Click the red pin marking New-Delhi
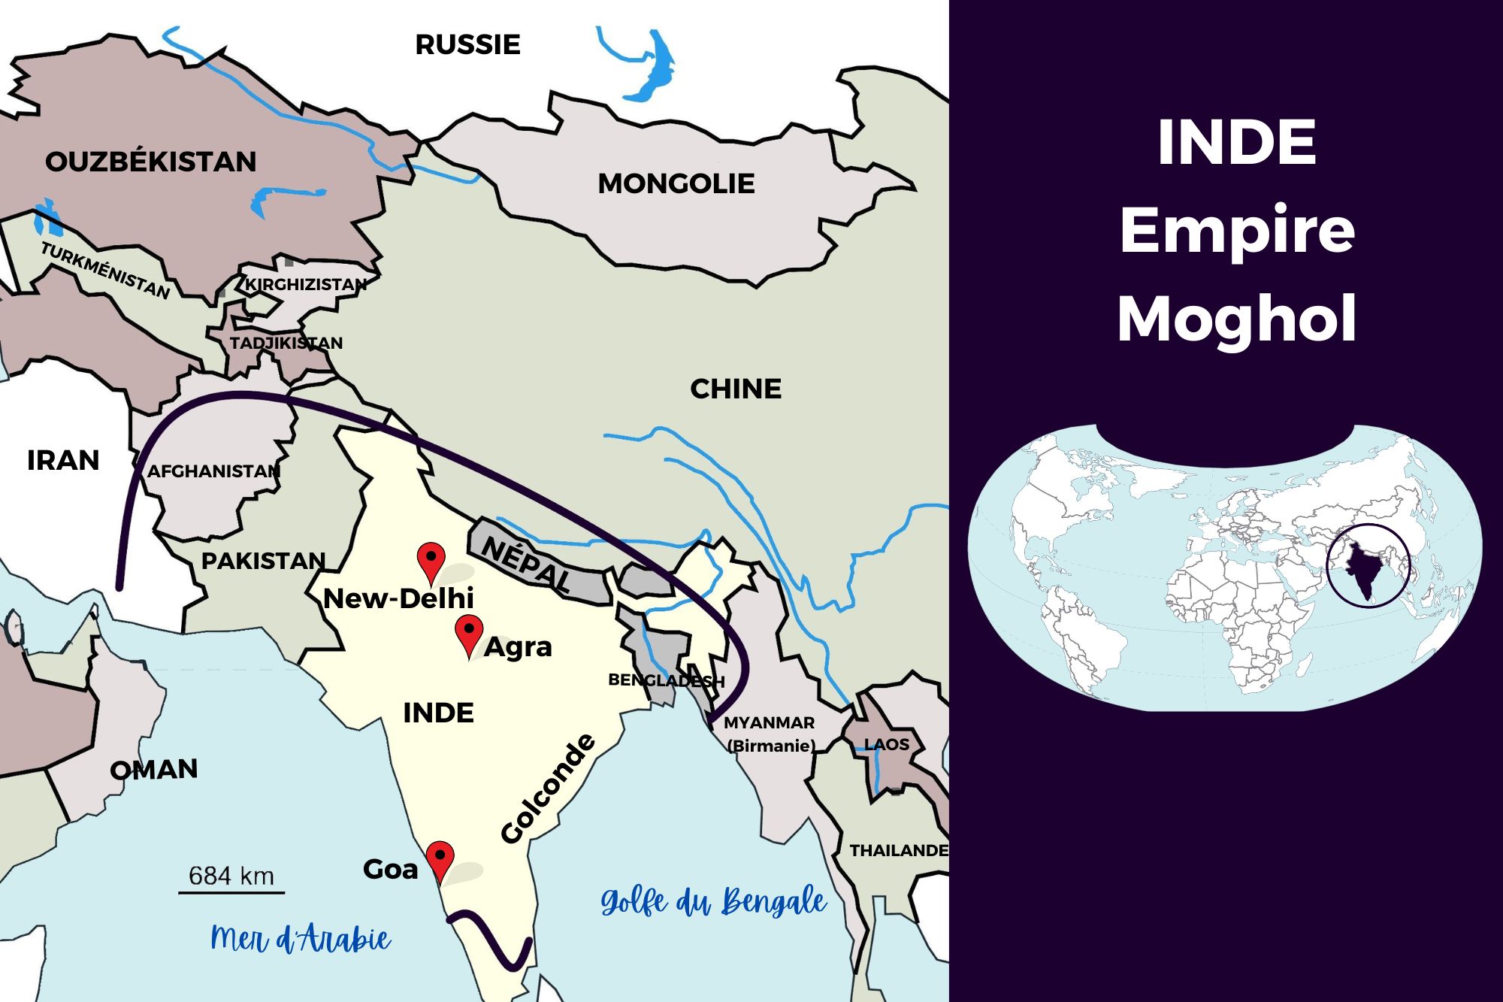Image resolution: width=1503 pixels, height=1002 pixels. coord(431,561)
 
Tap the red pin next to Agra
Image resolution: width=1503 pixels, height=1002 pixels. coord(469,633)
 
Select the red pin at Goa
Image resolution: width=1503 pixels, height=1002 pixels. coord(440,858)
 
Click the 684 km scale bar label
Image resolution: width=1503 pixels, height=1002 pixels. coord(231,876)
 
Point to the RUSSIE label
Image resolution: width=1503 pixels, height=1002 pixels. coord(467,44)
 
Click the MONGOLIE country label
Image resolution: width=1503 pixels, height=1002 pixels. coord(676,183)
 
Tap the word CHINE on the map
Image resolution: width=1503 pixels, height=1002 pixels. coord(736,389)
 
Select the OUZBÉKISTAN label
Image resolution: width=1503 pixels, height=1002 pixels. coord(150,162)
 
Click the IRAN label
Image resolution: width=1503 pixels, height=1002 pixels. coord(63,460)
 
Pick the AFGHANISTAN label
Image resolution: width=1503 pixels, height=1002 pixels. coord(213,471)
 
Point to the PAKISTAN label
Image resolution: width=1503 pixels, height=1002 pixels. coord(263,561)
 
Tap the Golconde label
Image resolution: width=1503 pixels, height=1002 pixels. coord(548,789)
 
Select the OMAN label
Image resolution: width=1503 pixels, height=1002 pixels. coord(154,769)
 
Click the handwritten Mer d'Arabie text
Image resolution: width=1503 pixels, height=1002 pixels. coord(301,939)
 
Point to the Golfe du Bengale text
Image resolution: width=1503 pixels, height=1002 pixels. coord(713,901)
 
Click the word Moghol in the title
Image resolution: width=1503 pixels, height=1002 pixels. coord(1237,319)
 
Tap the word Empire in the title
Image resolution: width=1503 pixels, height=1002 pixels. coord(1237,230)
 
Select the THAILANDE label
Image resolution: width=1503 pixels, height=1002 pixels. coord(899,850)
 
